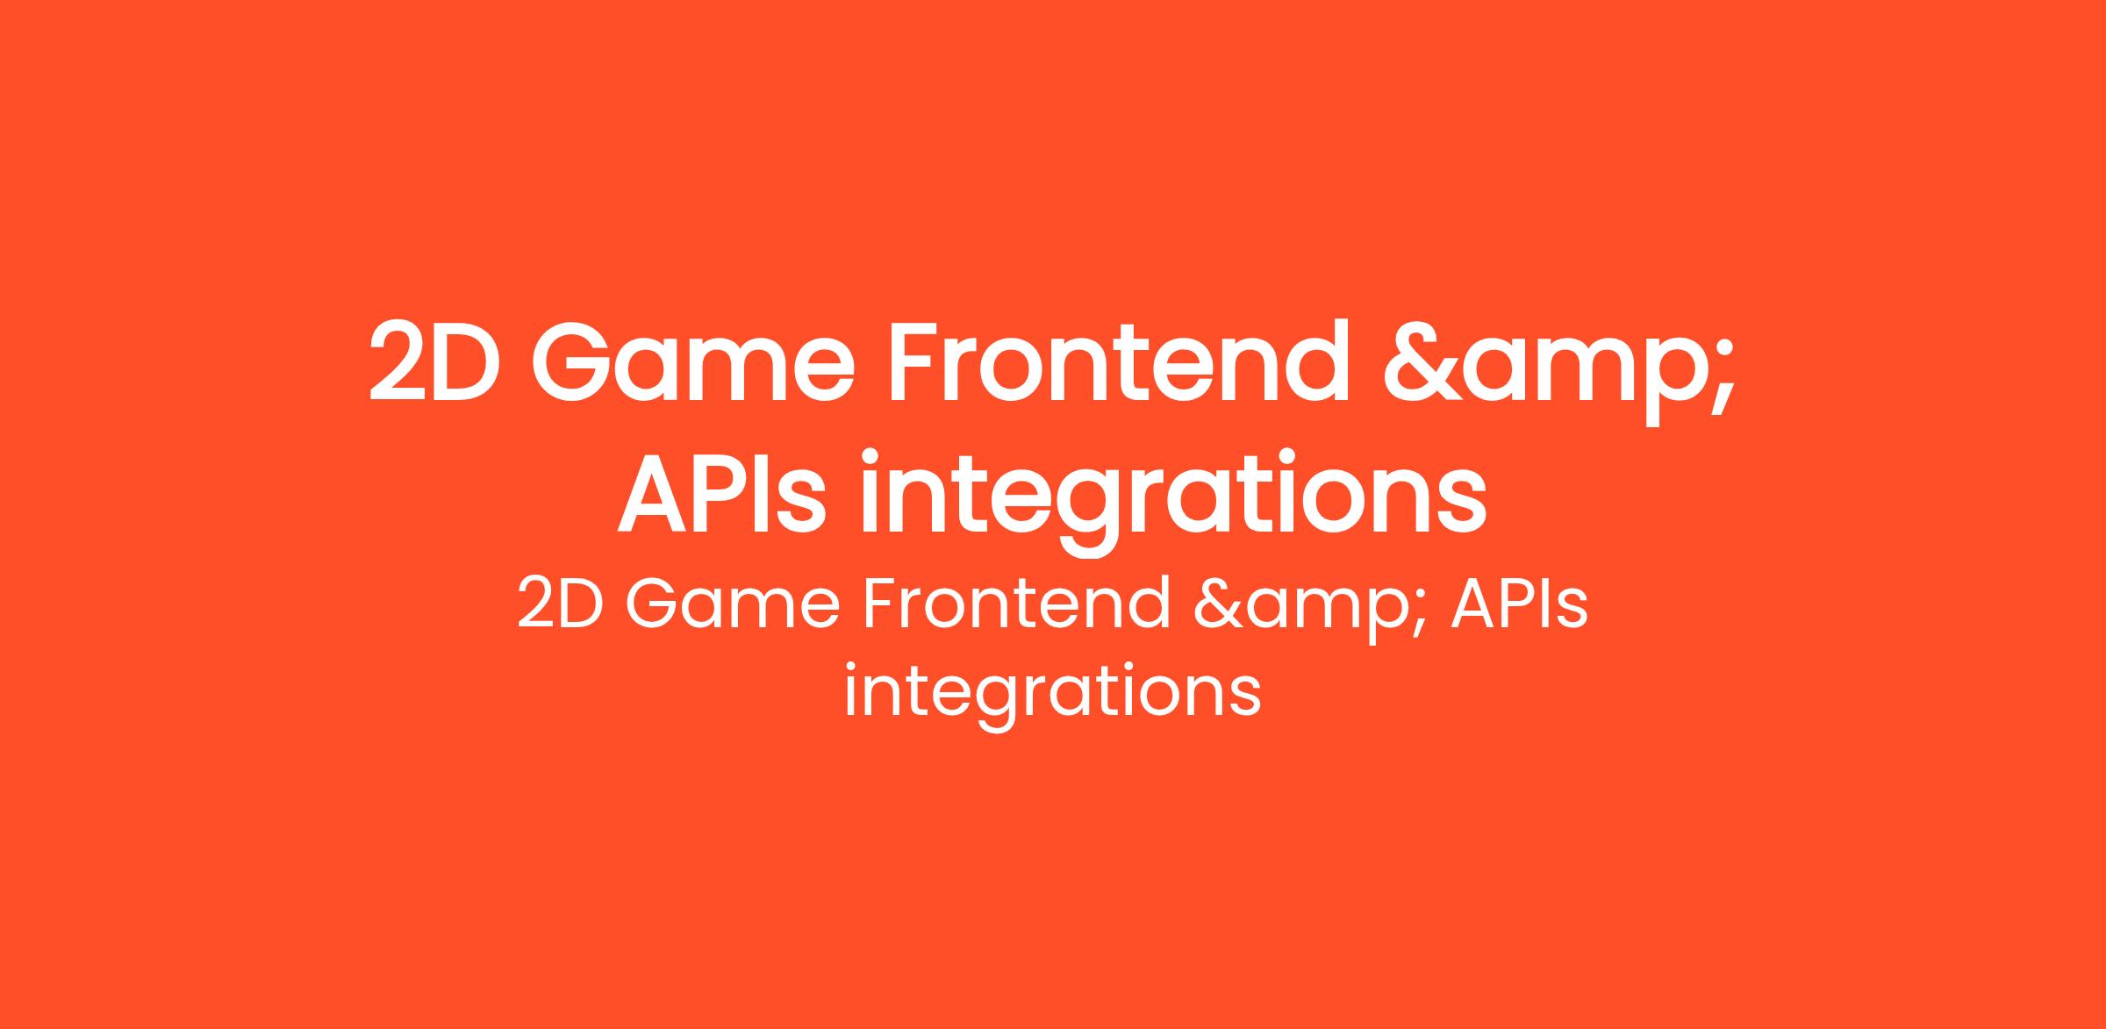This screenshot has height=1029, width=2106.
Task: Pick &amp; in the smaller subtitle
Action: [x=1314, y=609]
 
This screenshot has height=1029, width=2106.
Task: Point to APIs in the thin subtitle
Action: [x=1520, y=603]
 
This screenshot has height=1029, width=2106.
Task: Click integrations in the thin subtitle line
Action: [x=1053, y=696]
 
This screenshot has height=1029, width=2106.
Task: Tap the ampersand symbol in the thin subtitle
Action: [x=1221, y=603]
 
